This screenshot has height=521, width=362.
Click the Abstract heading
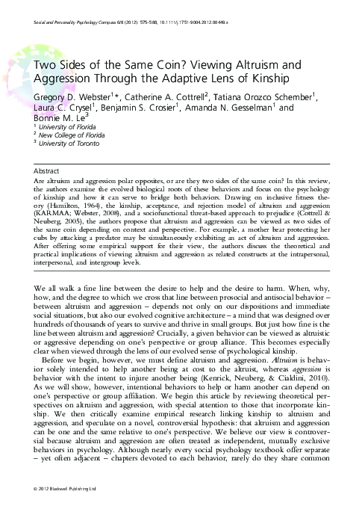pos(49,170)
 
